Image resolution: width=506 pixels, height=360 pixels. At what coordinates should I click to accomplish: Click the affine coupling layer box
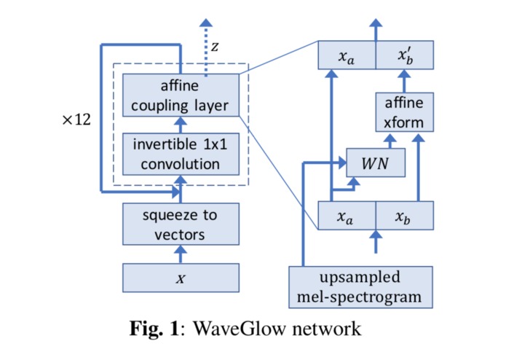pos(181,95)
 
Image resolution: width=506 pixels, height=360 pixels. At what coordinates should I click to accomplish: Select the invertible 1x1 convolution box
pos(181,154)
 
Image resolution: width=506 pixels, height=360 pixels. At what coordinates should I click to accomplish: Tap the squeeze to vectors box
pos(181,224)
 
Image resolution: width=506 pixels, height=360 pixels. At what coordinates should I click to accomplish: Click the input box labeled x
pos(181,277)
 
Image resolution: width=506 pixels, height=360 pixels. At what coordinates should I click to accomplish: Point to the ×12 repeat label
pos(76,119)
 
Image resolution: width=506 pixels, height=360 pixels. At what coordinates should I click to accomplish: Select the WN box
pos(375,163)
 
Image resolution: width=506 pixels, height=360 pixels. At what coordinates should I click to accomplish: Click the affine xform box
pos(404,111)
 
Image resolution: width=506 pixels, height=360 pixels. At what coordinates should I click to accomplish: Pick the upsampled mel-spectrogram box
pos(360,286)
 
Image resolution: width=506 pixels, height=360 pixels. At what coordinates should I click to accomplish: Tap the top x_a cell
pos(347,55)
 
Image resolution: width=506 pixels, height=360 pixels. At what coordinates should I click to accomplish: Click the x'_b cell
pos(404,55)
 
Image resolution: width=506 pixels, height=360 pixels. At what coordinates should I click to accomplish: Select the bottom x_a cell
pos(347,216)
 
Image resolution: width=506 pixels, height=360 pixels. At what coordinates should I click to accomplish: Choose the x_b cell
pos(404,216)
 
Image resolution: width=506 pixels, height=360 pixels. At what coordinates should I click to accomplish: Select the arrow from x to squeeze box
pos(181,253)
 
